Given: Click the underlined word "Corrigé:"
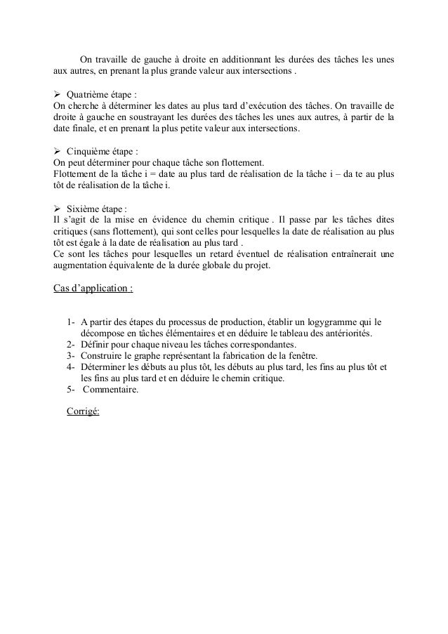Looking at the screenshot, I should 83,412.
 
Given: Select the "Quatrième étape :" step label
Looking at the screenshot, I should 101,93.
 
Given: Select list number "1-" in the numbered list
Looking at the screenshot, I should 71,322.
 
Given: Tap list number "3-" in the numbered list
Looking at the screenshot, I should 71,355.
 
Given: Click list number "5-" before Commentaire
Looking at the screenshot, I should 71,390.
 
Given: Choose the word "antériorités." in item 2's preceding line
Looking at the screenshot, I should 347,333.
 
